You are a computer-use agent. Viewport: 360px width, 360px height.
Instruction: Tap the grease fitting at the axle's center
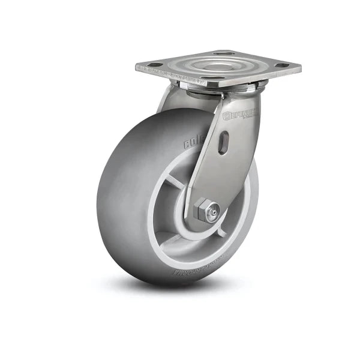tap(213, 211)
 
